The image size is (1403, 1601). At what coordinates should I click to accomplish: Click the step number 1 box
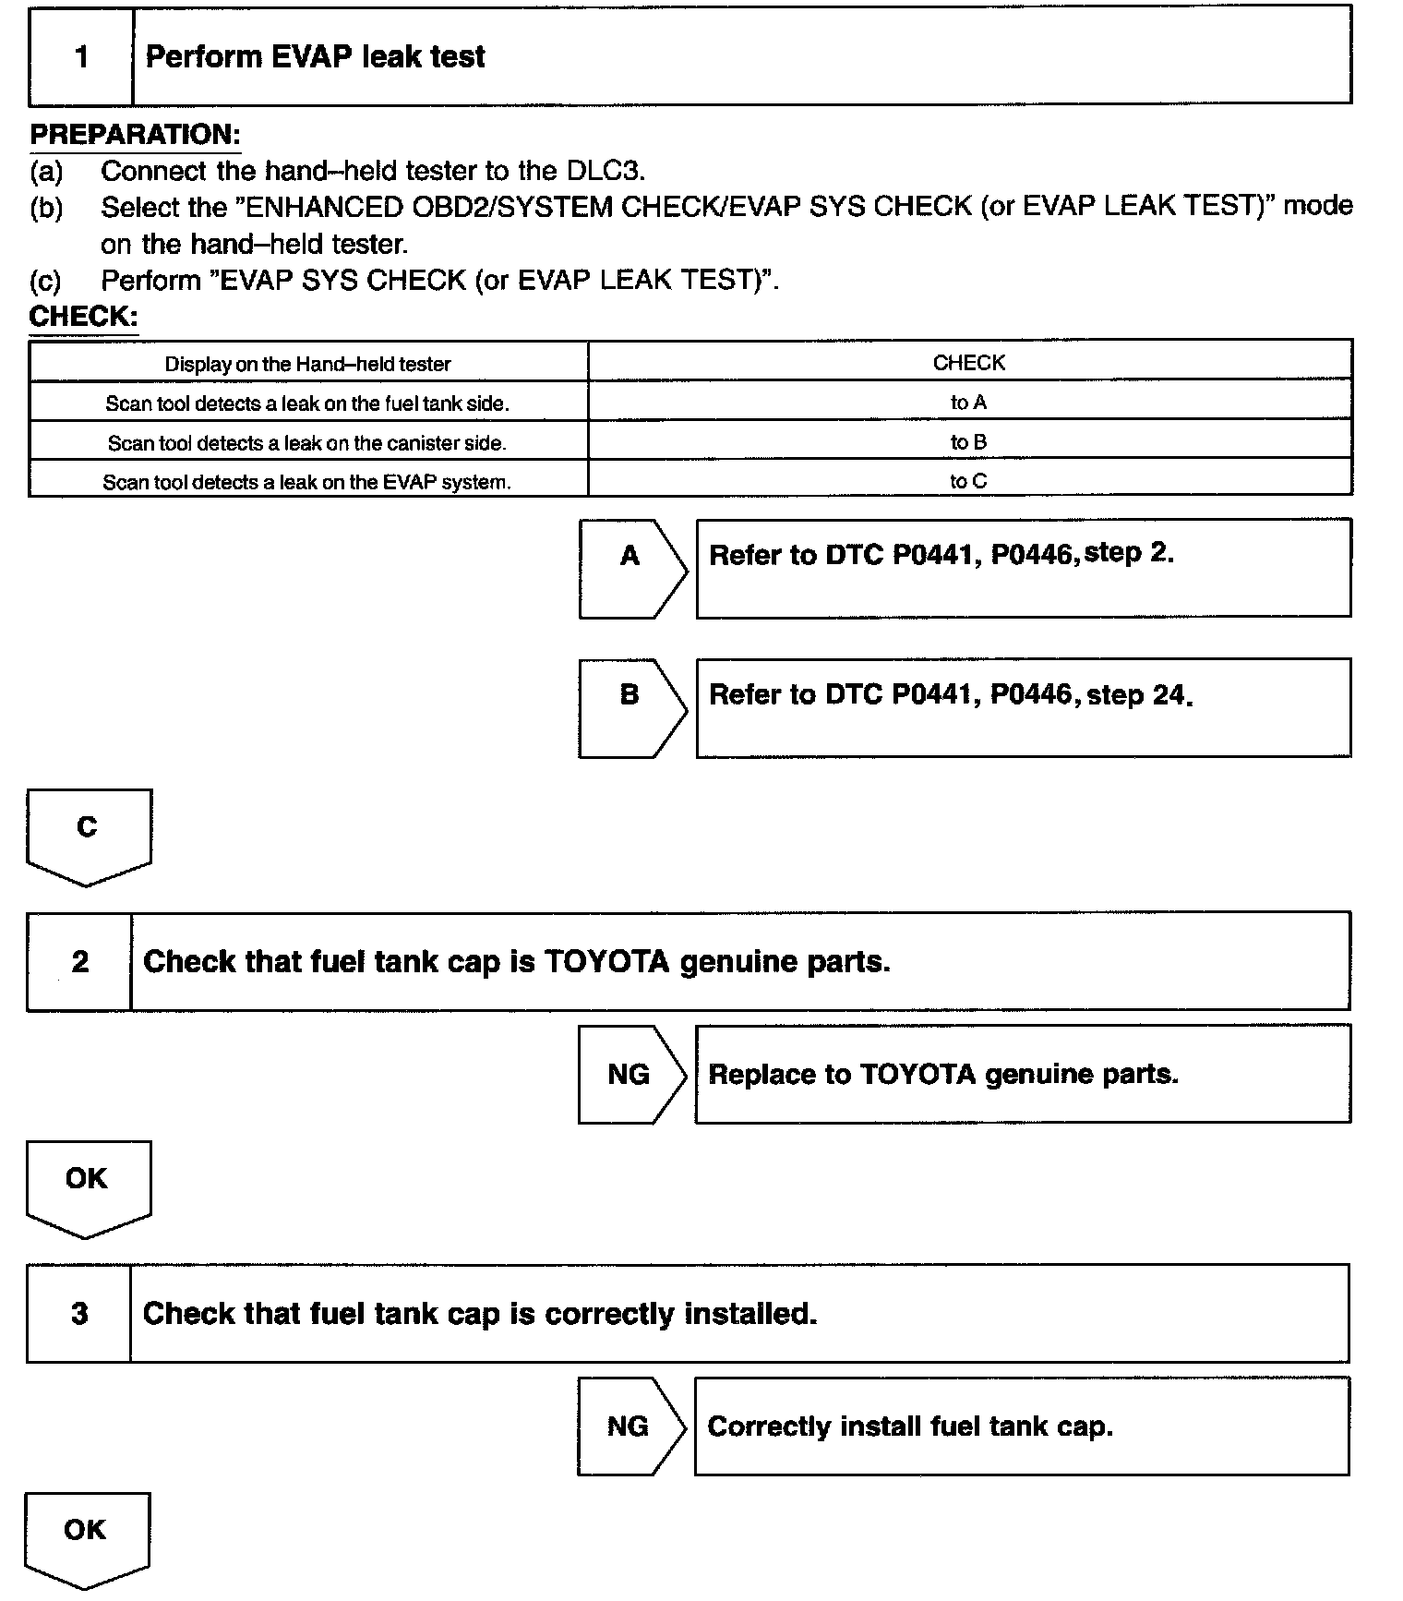coord(81,57)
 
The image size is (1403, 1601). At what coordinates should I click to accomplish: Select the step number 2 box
coord(79,962)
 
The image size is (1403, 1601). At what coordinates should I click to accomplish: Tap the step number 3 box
coord(79,1314)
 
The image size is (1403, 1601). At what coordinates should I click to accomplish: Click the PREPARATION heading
coord(135,135)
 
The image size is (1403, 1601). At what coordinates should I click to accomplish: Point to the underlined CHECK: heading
coord(83,317)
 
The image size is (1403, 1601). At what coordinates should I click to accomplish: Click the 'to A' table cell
coord(968,403)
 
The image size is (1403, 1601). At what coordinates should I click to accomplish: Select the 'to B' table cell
coord(968,442)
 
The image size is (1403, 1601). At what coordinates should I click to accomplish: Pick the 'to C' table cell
coord(968,481)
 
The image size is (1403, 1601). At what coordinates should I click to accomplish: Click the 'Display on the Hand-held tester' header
coord(307,364)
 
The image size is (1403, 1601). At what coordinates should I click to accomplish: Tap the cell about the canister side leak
coord(307,443)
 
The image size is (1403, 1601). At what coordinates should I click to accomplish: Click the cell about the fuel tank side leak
coord(307,403)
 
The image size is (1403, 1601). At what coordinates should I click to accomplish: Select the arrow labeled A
coord(631,568)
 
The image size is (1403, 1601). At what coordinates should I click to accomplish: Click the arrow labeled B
coord(631,707)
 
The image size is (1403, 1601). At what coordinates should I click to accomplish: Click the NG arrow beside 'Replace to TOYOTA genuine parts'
coord(631,1074)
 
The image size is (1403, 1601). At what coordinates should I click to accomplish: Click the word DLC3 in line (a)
coord(605,171)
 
